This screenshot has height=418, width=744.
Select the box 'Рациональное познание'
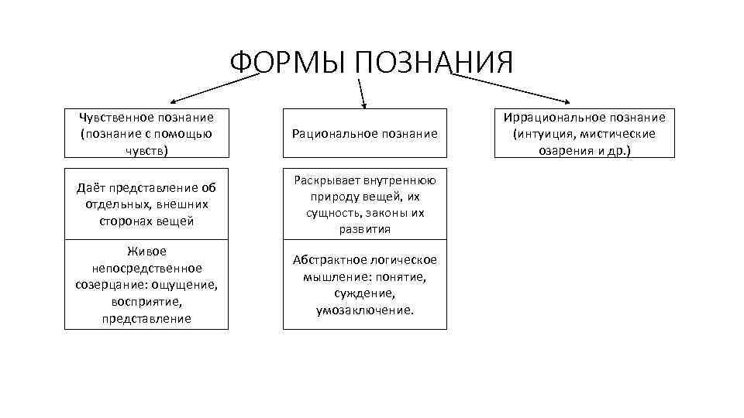364,133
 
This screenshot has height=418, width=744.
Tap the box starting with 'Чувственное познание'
146,133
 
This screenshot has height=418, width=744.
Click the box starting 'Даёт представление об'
146,204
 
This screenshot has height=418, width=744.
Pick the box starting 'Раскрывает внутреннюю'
364,204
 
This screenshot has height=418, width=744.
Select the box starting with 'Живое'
146,285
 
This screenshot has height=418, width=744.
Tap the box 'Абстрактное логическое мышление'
364,285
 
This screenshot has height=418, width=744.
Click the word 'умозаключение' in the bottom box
364,310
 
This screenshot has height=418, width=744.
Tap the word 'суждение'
365,293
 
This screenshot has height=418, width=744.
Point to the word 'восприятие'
146,302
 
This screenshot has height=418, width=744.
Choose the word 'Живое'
146,251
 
